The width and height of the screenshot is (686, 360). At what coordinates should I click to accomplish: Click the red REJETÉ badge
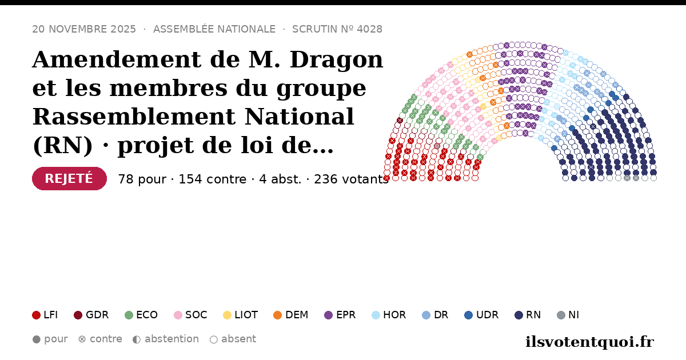pyautogui.click(x=69, y=178)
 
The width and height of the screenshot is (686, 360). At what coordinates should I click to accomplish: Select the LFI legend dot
pyautogui.click(x=36, y=315)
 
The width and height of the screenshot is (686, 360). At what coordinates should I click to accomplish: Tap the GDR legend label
pyautogui.click(x=97, y=315)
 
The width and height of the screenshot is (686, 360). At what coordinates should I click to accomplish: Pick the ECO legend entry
pyautogui.click(x=141, y=315)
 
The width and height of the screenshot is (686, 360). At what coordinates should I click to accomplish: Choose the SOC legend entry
pyautogui.click(x=190, y=315)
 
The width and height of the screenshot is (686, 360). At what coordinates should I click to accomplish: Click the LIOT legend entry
pyautogui.click(x=241, y=315)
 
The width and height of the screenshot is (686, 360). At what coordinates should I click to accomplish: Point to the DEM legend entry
pyautogui.click(x=290, y=315)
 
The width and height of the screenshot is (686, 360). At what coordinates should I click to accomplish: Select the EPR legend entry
pyautogui.click(x=340, y=315)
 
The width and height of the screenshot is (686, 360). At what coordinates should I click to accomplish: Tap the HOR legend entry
pyautogui.click(x=389, y=315)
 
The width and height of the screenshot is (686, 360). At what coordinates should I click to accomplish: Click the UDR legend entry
pyautogui.click(x=481, y=315)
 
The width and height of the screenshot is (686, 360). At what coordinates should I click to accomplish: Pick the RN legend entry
pyautogui.click(x=528, y=315)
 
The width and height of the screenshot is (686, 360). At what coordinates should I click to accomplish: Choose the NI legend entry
pyautogui.click(x=568, y=315)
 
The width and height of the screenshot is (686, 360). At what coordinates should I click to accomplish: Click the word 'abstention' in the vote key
pyautogui.click(x=172, y=339)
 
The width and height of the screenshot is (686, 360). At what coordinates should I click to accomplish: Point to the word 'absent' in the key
pyautogui.click(x=238, y=339)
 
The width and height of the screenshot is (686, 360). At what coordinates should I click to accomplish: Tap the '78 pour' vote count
pyautogui.click(x=142, y=179)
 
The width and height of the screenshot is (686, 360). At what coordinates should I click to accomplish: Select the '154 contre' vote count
pyautogui.click(x=212, y=179)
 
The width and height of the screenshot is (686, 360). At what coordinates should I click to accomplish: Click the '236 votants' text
pyautogui.click(x=351, y=179)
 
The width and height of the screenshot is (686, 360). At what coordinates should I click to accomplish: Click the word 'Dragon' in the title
pyautogui.click(x=336, y=59)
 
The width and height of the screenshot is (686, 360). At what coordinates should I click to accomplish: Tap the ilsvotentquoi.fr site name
pyautogui.click(x=589, y=342)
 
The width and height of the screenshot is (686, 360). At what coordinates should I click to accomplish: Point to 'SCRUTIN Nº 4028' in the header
pyautogui.click(x=337, y=29)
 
